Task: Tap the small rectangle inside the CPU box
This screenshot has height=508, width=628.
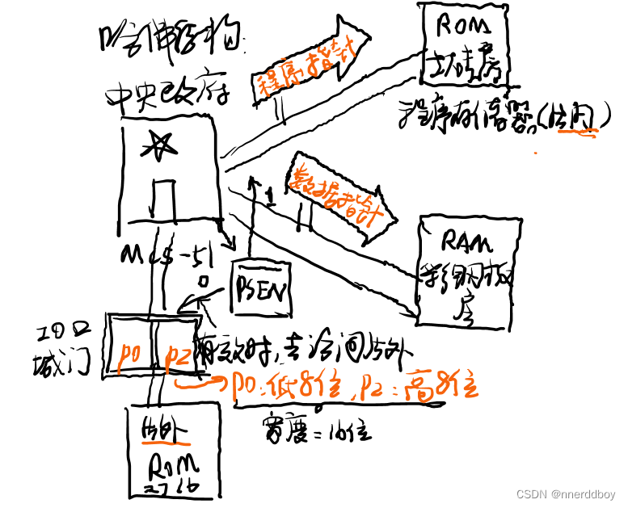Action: pyautogui.click(x=162, y=198)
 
